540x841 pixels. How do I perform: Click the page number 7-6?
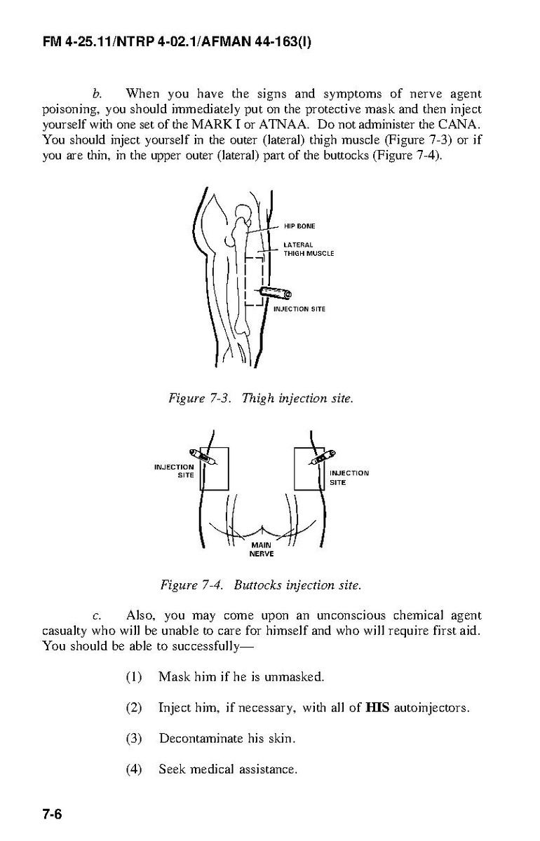pos(52,814)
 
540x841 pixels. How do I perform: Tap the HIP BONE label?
pos(299,226)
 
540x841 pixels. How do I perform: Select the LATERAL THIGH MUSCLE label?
pos(309,249)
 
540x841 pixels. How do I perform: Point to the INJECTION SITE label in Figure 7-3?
pos(299,309)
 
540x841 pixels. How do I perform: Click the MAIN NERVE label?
pos(262,549)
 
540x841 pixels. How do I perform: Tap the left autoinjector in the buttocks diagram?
pos(203,457)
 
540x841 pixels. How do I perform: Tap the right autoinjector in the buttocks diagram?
pos(322,456)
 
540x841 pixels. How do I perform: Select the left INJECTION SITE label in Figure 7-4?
pos(175,471)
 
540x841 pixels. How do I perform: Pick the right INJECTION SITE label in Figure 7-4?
pos(349,477)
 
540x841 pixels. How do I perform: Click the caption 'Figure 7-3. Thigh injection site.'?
pos(261,398)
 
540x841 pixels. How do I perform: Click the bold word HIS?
pos(377,708)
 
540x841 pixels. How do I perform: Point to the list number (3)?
pos(134,739)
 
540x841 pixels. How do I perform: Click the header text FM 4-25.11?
pos(78,41)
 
